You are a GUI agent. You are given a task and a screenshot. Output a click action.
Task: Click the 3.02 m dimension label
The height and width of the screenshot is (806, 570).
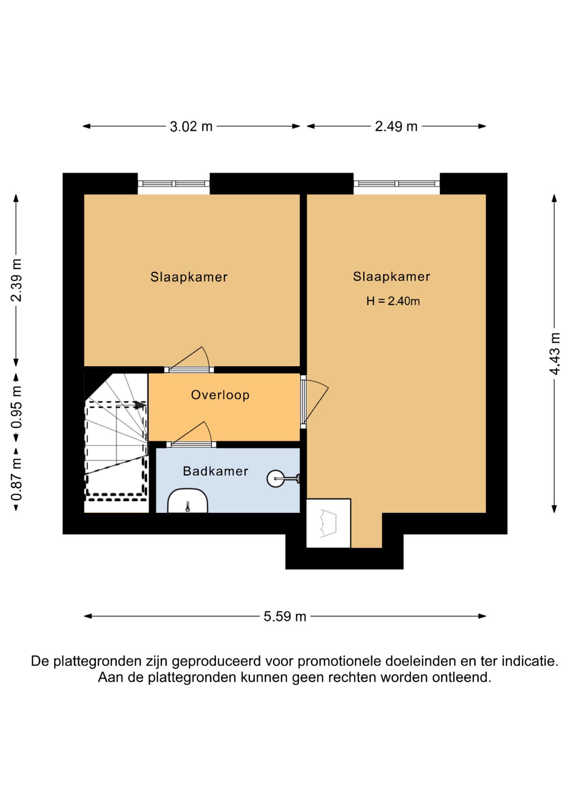click(191, 126)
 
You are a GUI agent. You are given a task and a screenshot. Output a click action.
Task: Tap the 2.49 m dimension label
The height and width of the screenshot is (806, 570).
click(396, 126)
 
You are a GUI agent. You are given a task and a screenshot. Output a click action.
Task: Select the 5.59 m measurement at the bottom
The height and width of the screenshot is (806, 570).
click(285, 616)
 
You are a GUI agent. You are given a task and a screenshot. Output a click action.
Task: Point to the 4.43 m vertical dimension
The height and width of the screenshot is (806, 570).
click(554, 353)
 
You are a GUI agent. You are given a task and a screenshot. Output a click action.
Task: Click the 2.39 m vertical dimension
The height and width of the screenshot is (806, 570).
click(16, 280)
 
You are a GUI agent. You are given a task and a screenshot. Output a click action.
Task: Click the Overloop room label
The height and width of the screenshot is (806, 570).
click(220, 395)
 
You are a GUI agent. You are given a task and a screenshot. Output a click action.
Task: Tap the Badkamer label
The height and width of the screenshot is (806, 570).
click(216, 471)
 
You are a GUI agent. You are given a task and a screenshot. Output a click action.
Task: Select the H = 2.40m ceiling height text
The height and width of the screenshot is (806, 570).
click(393, 301)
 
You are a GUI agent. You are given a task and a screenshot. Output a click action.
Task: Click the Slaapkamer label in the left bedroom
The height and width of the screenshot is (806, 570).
click(189, 277)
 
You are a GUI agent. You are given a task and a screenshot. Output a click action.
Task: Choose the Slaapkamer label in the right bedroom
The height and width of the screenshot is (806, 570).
click(391, 277)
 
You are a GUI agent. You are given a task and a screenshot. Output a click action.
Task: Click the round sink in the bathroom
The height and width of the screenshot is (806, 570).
click(276, 478)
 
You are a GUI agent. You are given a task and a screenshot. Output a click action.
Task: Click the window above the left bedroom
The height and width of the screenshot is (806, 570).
click(174, 183)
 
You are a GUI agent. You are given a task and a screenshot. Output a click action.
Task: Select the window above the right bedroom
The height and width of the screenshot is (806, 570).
click(396, 183)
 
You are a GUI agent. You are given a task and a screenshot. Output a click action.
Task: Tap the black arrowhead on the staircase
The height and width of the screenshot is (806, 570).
click(140, 405)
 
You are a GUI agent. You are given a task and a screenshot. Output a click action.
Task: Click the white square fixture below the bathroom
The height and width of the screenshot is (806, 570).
click(328, 523)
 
